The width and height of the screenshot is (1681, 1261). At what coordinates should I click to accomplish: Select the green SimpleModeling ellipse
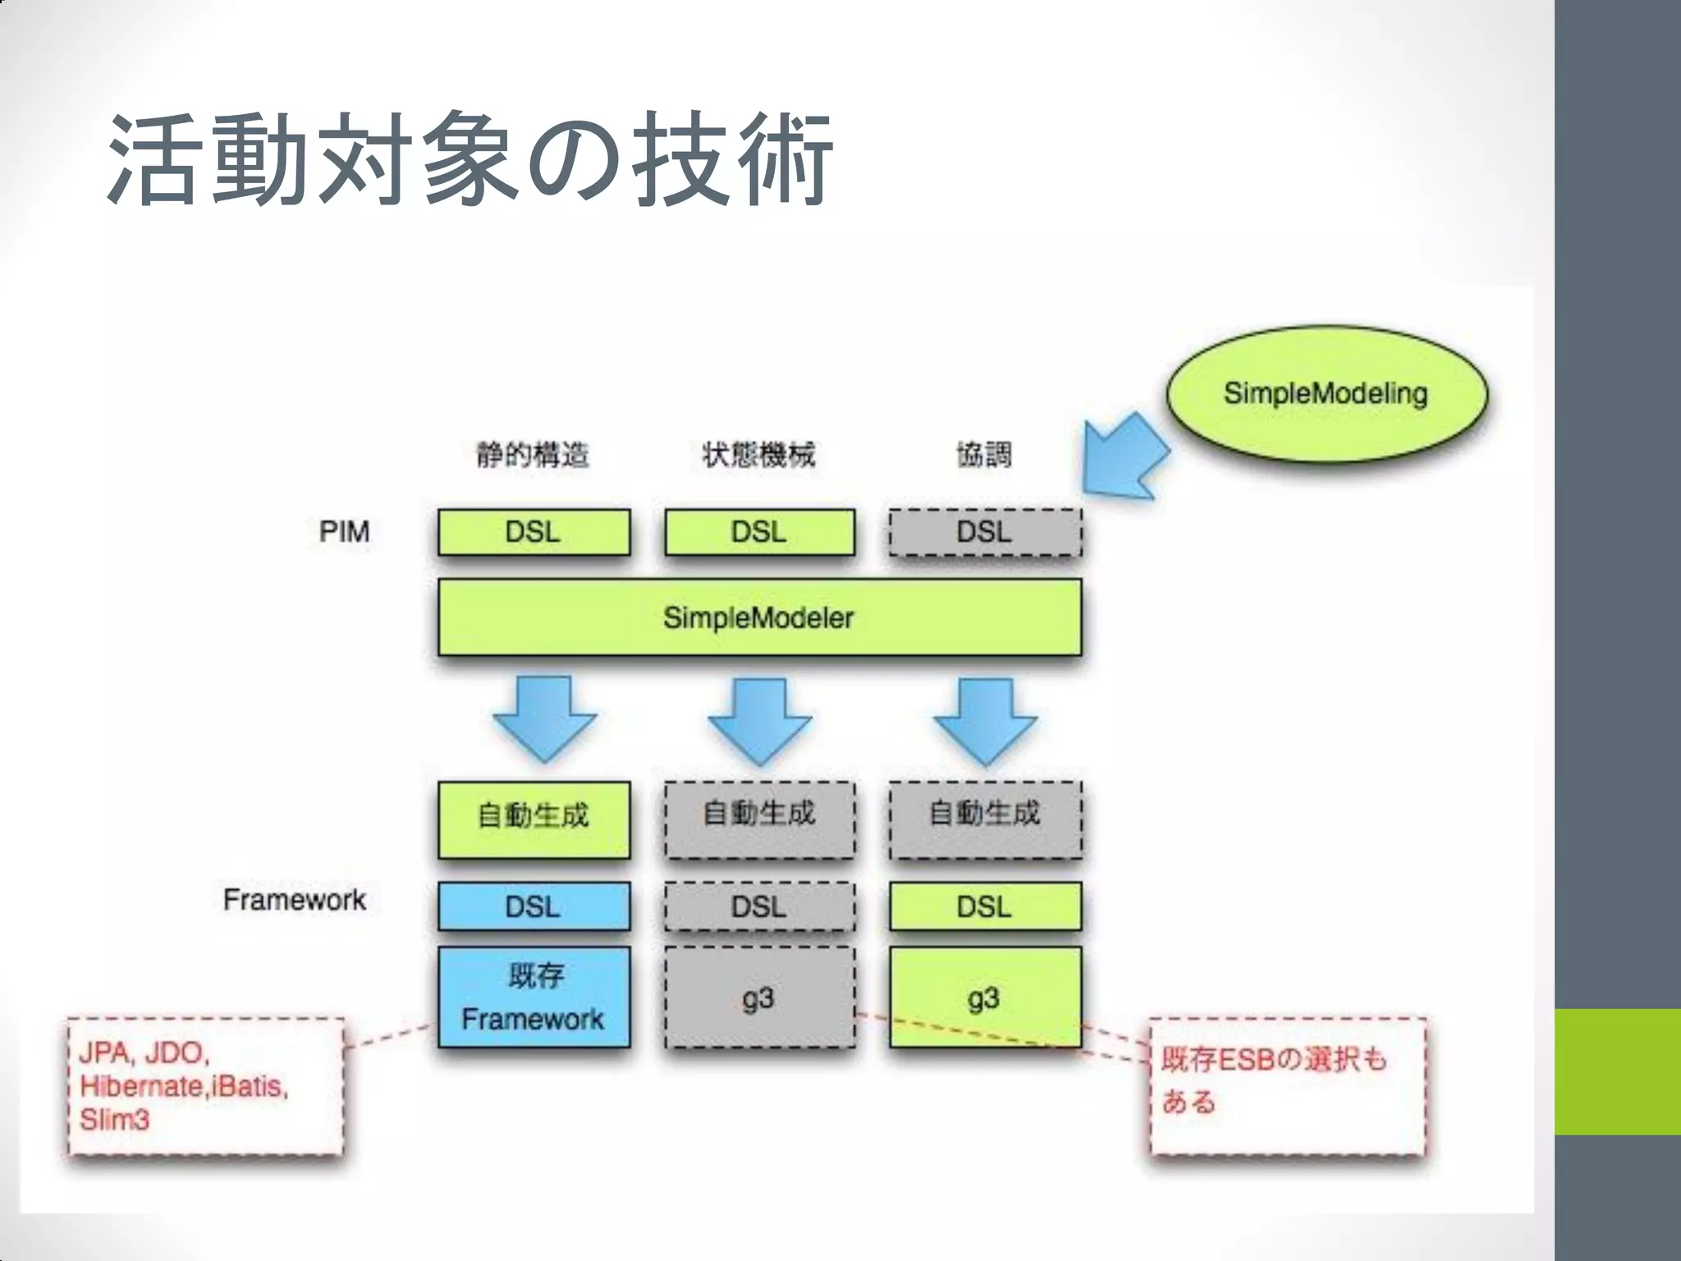click(1326, 393)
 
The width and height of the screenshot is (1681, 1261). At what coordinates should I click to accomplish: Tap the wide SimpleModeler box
click(759, 617)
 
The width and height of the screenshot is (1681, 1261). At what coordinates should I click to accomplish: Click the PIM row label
click(345, 532)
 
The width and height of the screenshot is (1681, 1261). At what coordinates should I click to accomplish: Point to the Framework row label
click(294, 900)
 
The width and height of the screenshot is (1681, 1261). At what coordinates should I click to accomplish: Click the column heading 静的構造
click(534, 454)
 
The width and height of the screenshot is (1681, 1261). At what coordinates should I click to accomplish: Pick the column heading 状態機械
click(759, 454)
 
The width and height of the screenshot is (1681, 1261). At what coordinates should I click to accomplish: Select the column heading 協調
click(984, 454)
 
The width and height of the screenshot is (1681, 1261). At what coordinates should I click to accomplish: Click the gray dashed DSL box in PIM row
click(985, 532)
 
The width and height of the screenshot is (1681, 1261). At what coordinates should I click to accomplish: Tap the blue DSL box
click(534, 906)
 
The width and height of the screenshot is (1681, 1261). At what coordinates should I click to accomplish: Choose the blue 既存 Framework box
click(534, 997)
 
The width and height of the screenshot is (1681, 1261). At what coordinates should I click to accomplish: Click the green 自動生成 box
click(534, 819)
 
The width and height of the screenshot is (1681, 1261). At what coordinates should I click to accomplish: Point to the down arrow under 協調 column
click(985, 720)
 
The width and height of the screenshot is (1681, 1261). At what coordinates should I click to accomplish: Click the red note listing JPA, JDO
click(205, 1085)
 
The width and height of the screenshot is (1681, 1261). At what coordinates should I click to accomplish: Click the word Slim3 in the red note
click(115, 1120)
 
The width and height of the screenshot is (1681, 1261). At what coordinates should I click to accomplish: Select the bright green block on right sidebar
click(1617, 1071)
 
